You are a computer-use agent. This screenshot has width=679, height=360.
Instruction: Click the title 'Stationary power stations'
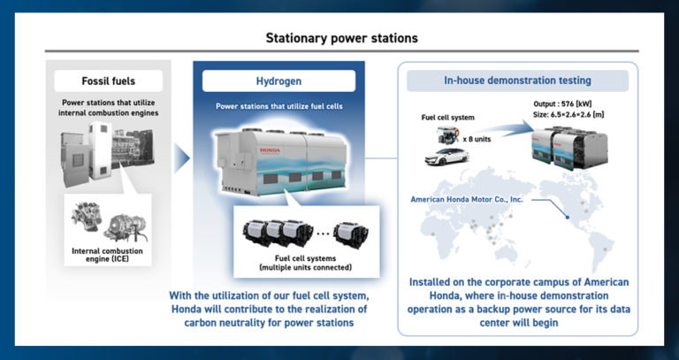(x=342, y=38)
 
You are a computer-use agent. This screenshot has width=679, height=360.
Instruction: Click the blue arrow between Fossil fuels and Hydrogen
(x=180, y=159)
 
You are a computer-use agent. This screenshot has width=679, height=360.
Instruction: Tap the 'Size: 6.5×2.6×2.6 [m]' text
(x=575, y=115)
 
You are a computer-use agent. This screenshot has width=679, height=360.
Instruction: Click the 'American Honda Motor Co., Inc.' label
(x=467, y=199)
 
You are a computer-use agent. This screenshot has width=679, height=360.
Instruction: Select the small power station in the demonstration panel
(x=570, y=146)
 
